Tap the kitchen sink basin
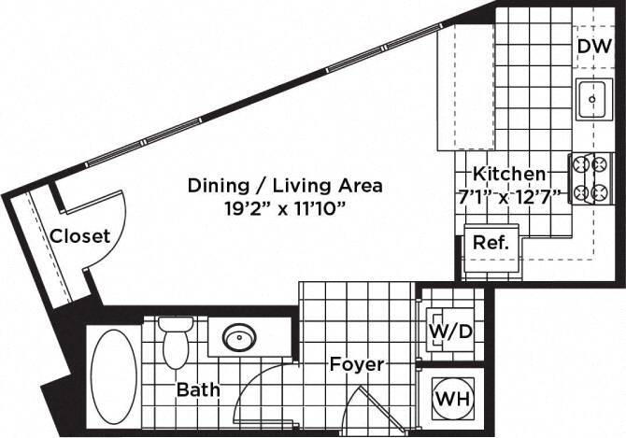tap(590, 99)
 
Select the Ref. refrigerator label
tap(491, 242)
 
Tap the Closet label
tap(79, 236)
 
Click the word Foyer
tap(356, 364)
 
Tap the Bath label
tap(198, 389)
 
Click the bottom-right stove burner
tap(603, 193)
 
